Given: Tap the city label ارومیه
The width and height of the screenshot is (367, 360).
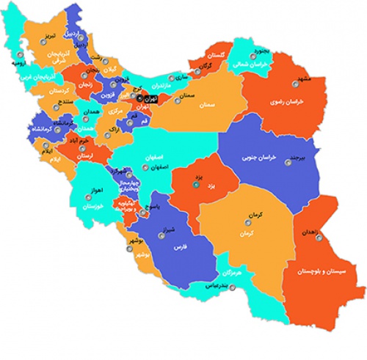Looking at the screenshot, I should point(21,63).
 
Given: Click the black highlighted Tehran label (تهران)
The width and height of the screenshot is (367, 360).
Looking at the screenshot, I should point(150,98).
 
